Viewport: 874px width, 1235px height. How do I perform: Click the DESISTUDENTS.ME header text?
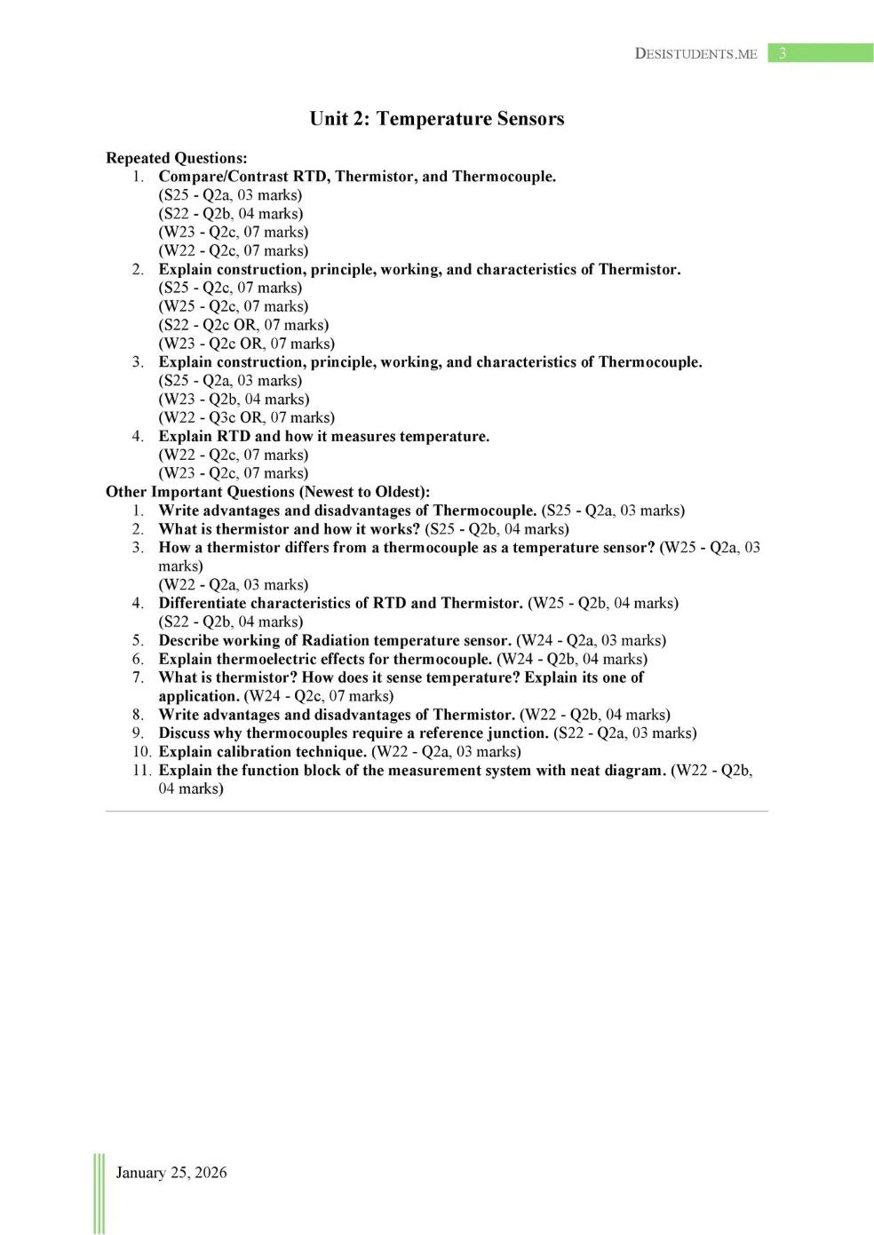695,53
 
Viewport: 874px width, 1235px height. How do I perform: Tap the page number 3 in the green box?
783,53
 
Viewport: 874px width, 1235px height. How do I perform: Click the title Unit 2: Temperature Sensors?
436,119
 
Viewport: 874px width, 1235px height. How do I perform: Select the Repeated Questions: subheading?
176,158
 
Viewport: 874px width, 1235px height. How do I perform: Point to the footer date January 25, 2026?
171,1172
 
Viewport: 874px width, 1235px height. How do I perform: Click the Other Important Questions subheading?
267,492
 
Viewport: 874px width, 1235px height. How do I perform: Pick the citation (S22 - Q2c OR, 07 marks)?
243,325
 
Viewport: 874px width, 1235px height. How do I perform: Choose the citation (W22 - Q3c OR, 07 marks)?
247,417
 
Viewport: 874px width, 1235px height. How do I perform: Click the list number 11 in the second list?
141,770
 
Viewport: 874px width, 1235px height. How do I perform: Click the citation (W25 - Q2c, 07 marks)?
234,306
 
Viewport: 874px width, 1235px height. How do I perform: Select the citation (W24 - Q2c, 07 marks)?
319,696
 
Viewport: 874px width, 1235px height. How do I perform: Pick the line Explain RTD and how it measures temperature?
324,436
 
